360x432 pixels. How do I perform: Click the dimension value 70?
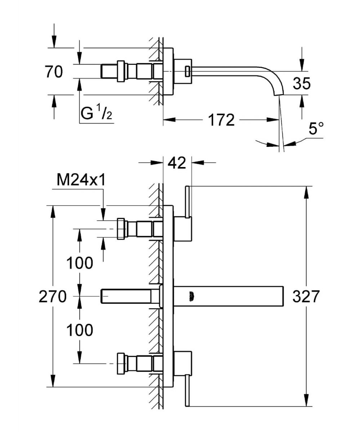(54, 72)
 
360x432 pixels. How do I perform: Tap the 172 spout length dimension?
(221, 120)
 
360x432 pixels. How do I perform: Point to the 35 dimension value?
(301, 84)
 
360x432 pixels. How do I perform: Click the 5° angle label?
(316, 129)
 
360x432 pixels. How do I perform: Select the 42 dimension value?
(177, 163)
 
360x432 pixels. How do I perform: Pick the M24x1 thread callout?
(81, 180)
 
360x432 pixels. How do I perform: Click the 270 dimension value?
(53, 297)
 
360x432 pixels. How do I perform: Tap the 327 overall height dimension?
(306, 297)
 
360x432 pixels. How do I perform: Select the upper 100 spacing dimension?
(80, 263)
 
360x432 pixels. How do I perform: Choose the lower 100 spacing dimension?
(80, 330)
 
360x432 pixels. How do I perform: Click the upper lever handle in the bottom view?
(187, 202)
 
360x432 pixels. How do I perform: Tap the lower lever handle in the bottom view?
(187, 390)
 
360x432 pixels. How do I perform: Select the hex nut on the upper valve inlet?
(121, 229)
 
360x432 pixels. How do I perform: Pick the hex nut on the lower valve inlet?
(121, 364)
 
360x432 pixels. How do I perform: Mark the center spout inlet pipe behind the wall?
(130, 296)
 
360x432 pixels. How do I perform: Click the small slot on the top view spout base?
(187, 71)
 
